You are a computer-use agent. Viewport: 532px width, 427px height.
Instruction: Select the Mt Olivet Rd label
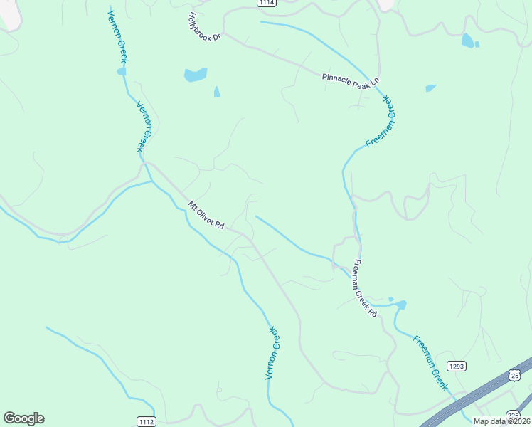click(x=206, y=215)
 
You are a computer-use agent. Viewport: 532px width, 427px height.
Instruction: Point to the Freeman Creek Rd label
click(x=364, y=288)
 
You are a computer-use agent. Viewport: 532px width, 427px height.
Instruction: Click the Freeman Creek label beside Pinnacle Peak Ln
click(x=381, y=122)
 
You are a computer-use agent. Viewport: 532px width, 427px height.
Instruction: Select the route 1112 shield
click(x=146, y=421)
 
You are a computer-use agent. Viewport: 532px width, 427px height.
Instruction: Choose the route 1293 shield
click(x=457, y=366)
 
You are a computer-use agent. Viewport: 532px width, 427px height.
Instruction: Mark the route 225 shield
click(x=514, y=415)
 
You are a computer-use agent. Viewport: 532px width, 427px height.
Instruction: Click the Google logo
click(x=23, y=418)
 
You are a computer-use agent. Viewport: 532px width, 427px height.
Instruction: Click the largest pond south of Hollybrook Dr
click(x=196, y=75)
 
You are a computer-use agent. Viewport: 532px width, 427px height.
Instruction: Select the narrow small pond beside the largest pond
click(x=217, y=92)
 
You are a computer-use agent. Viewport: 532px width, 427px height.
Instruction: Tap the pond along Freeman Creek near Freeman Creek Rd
click(x=400, y=305)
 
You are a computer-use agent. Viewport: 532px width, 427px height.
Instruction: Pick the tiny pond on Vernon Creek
click(x=122, y=71)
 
